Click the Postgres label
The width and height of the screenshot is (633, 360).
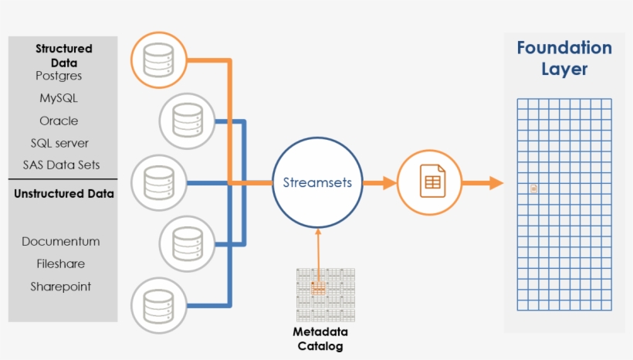click(59, 76)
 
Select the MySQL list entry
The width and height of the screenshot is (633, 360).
click(59, 98)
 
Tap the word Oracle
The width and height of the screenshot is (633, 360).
click(59, 121)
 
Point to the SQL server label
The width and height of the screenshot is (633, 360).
click(59, 143)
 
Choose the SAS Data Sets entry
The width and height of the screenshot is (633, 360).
click(61, 165)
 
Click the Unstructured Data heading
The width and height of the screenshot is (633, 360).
click(64, 194)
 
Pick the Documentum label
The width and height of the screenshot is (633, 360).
click(60, 242)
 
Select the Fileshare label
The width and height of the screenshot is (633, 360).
click(60, 264)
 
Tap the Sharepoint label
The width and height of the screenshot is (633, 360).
click(60, 287)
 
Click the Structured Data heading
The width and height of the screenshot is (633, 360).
click(64, 56)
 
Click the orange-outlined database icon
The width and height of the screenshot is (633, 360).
click(159, 60)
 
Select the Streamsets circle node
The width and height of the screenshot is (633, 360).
click(317, 182)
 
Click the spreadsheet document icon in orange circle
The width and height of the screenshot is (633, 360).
click(432, 181)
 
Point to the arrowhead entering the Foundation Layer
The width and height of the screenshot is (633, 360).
click(496, 182)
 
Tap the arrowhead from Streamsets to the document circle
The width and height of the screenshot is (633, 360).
click(390, 182)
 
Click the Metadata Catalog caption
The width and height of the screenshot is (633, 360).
click(320, 339)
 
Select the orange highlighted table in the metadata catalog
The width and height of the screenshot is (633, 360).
click(318, 288)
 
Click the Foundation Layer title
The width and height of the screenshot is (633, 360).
click(564, 58)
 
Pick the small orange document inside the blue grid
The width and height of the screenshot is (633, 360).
click(533, 188)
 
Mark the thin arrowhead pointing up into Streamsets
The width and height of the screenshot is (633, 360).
click(318, 232)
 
